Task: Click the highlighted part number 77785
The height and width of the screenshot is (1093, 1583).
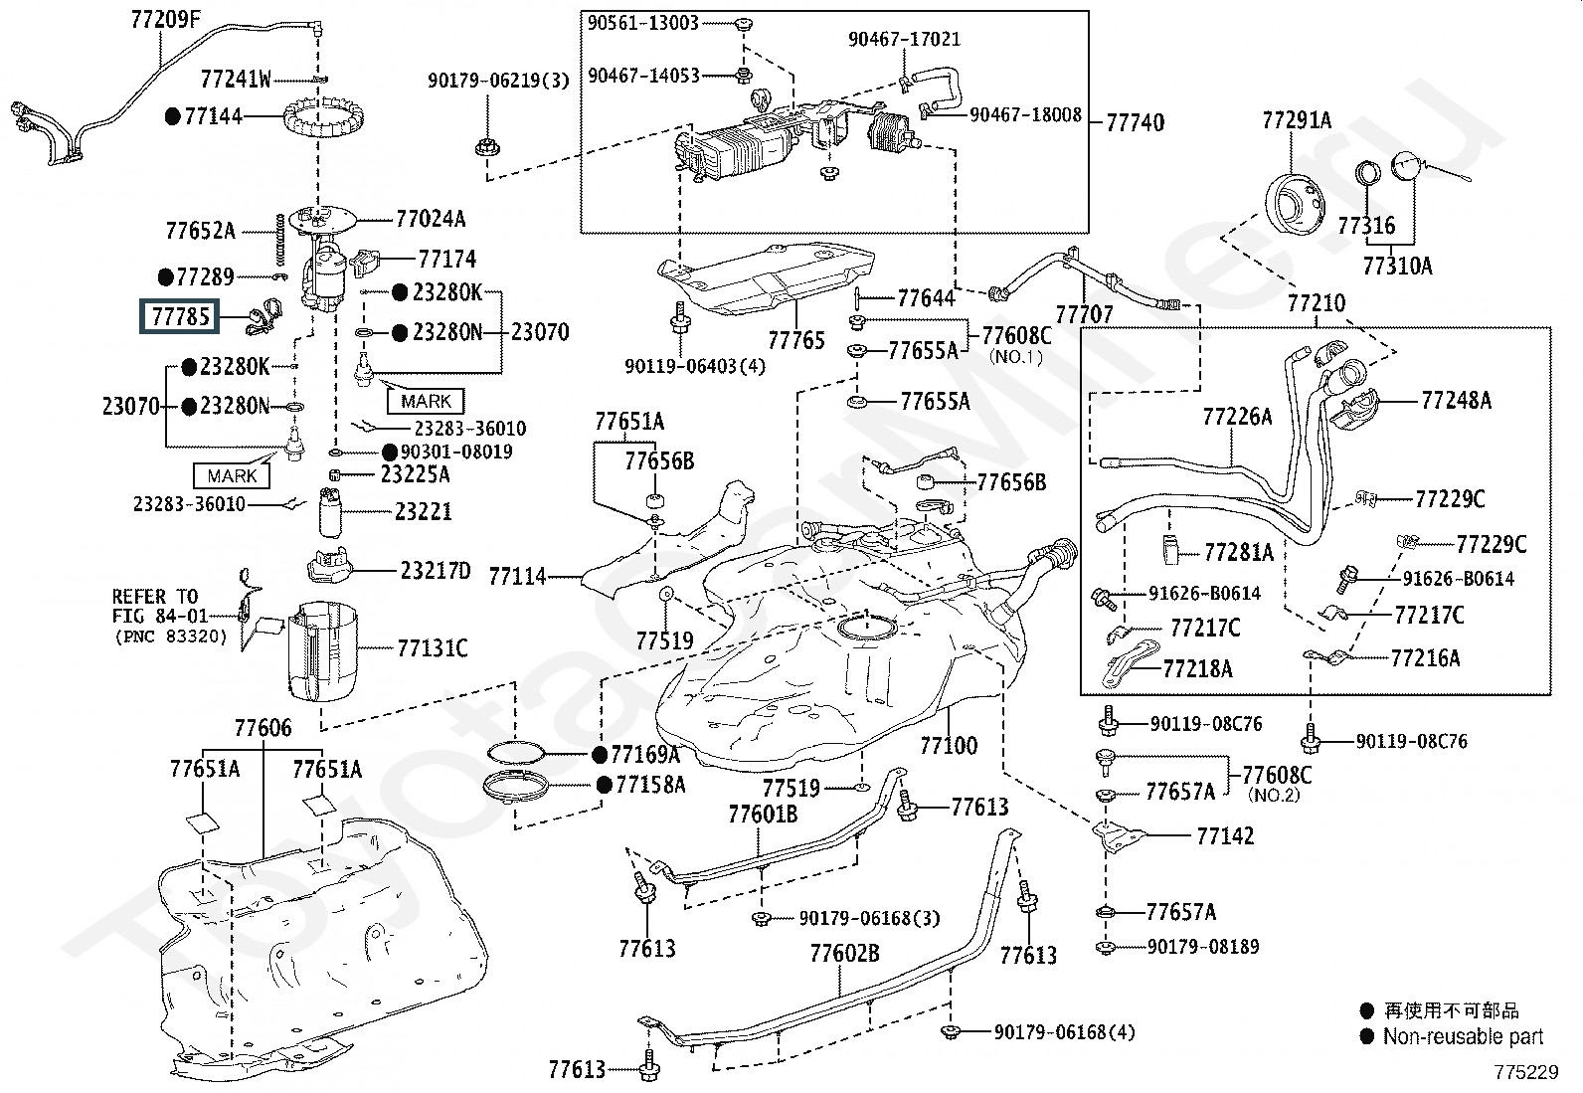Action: point(180,316)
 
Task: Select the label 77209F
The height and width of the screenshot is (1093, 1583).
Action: point(165,19)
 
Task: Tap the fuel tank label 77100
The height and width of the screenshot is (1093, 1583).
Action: point(949,745)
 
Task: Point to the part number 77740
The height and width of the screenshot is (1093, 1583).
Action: point(1135,122)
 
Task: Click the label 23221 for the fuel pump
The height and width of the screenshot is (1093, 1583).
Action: point(423,511)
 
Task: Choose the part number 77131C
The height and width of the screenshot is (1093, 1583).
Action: point(433,647)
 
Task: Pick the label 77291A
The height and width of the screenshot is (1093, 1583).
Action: point(1297,120)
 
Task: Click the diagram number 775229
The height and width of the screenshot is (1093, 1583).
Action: point(1525,1072)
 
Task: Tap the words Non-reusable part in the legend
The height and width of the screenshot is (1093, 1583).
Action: point(1463,1036)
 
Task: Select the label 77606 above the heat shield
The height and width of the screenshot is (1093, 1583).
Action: point(263,727)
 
